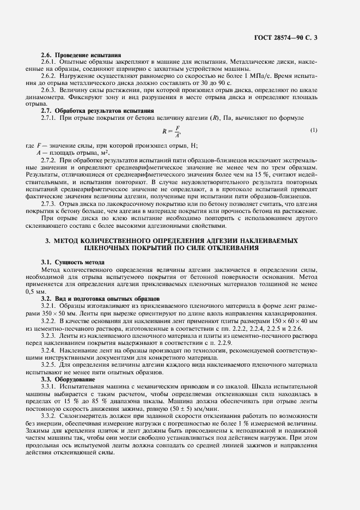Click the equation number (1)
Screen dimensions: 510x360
click(x=313, y=130)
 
